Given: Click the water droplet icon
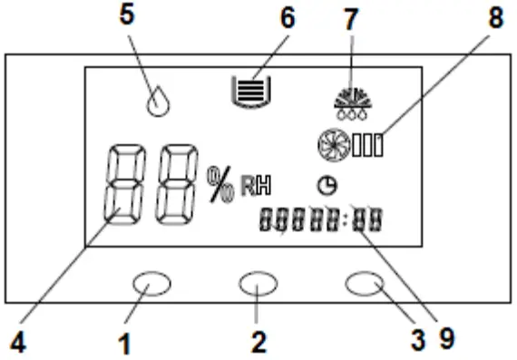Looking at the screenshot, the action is pyautogui.click(x=160, y=100).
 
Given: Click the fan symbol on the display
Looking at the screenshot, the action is pyautogui.click(x=333, y=145).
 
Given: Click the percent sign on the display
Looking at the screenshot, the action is pyautogui.click(x=220, y=183).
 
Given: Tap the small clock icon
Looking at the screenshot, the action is pyautogui.click(x=325, y=185).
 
